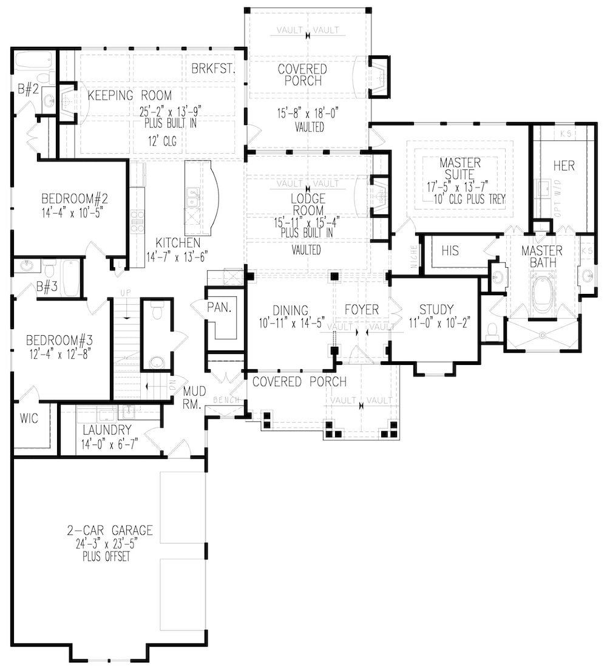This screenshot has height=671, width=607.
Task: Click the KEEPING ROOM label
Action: coord(129,95)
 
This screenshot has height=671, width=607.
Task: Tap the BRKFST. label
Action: coord(213,69)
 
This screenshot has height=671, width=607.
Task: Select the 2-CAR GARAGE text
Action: coord(110,531)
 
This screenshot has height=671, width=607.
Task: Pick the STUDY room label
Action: coord(436,310)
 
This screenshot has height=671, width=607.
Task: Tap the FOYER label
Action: coord(362,310)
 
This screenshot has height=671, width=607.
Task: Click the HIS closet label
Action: coord(450,251)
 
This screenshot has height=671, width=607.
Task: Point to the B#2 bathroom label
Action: coord(28,89)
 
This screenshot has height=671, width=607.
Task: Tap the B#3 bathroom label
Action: coord(46,287)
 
